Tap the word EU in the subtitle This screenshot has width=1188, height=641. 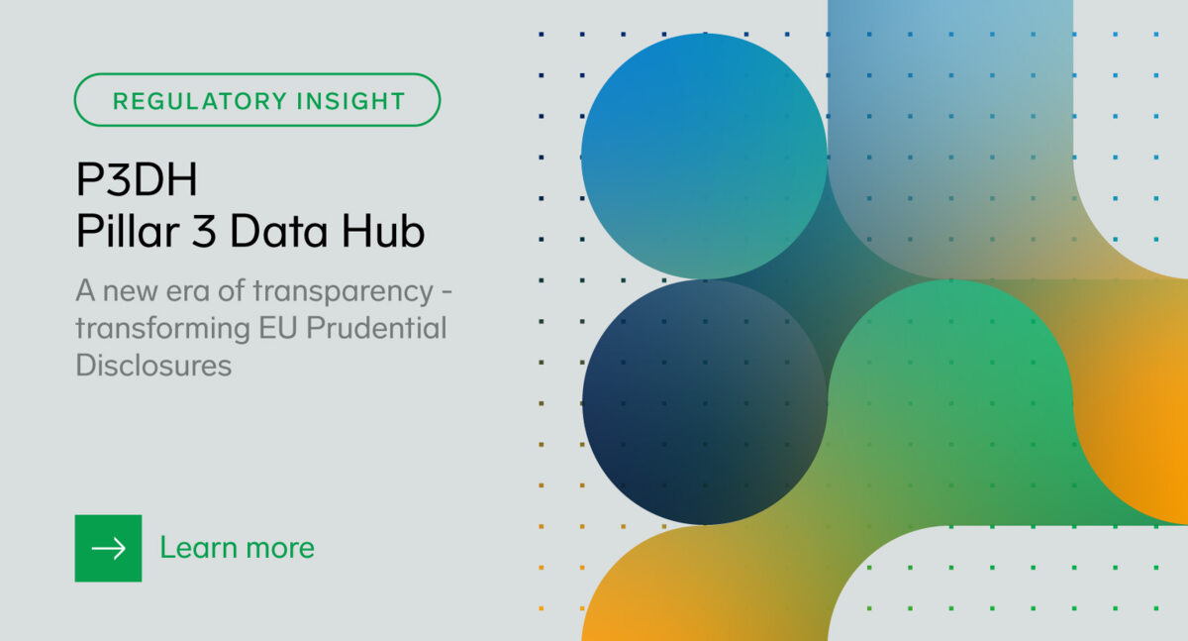tap(267, 328)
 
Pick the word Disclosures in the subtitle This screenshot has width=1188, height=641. tap(153, 365)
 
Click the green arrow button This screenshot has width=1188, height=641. tap(108, 548)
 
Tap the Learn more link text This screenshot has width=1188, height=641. tap(237, 548)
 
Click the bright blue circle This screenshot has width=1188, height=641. tap(704, 156)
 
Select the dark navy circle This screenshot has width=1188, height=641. tap(704, 401)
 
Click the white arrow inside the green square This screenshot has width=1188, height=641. tap(108, 548)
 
